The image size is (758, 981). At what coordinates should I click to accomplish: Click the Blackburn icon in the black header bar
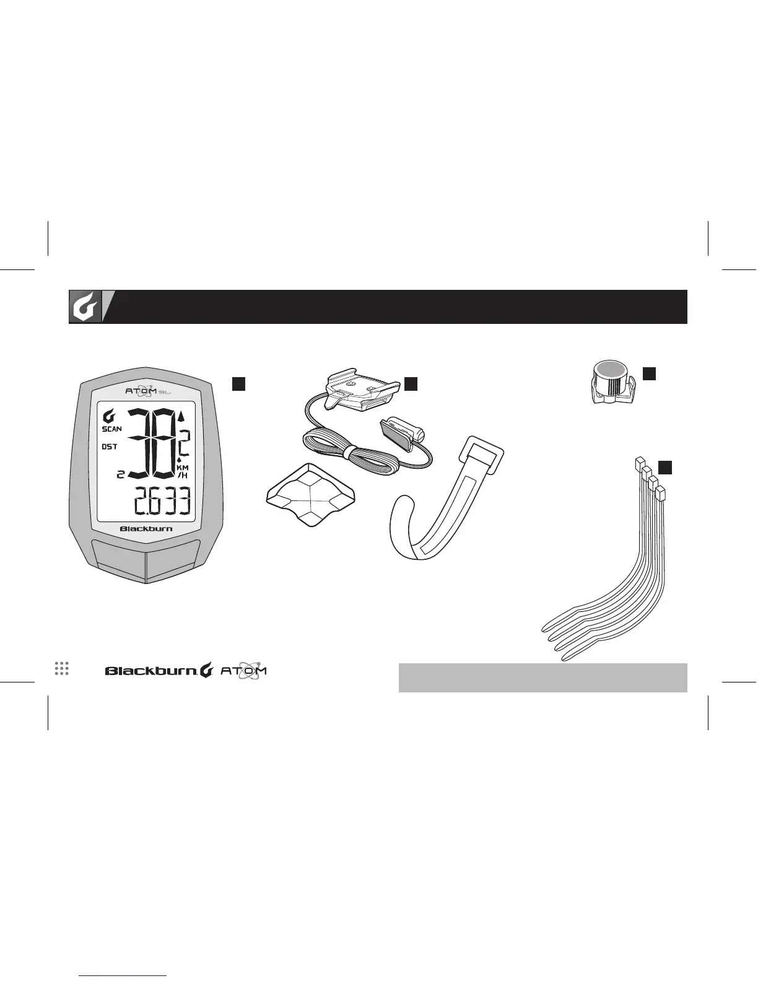click(85, 307)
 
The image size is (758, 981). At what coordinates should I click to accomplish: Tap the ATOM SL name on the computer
click(146, 391)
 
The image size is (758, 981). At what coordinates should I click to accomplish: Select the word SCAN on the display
click(112, 429)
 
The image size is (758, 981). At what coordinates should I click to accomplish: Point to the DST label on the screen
click(110, 447)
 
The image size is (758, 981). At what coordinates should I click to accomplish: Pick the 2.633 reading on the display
click(161, 502)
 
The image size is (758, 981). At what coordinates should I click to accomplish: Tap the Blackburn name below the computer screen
click(146, 529)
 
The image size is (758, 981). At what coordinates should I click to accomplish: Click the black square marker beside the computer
click(239, 383)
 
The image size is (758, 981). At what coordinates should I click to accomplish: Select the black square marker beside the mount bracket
click(411, 383)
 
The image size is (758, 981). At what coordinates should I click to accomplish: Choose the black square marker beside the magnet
click(649, 373)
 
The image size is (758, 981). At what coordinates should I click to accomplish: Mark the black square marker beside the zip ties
click(664, 467)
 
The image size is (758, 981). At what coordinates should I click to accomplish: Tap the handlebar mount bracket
click(358, 391)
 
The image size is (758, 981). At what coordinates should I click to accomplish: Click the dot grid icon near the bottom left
click(61, 668)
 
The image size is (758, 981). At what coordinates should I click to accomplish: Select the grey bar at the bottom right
click(542, 678)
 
